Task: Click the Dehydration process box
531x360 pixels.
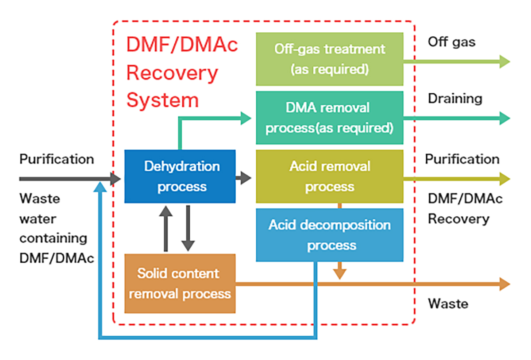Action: click(180, 176)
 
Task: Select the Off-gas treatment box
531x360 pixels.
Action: click(329, 59)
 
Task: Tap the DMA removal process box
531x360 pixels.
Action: click(329, 118)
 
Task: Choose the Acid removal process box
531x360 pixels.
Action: click(329, 176)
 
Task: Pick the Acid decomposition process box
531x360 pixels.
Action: click(329, 235)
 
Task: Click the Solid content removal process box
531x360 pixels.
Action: click(180, 283)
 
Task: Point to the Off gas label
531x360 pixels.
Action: click(451, 42)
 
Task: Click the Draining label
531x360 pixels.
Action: click(454, 98)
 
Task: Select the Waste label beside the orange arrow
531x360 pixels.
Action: click(448, 304)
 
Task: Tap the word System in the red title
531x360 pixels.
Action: click(162, 100)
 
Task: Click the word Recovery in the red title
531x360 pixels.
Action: click(172, 73)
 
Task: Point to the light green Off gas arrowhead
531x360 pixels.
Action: click(504, 61)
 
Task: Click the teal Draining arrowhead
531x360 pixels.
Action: click(504, 118)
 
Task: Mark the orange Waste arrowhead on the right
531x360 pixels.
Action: click(504, 284)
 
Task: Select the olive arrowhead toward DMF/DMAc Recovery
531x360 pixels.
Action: click(504, 179)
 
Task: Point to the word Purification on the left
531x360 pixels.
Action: click(57, 159)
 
